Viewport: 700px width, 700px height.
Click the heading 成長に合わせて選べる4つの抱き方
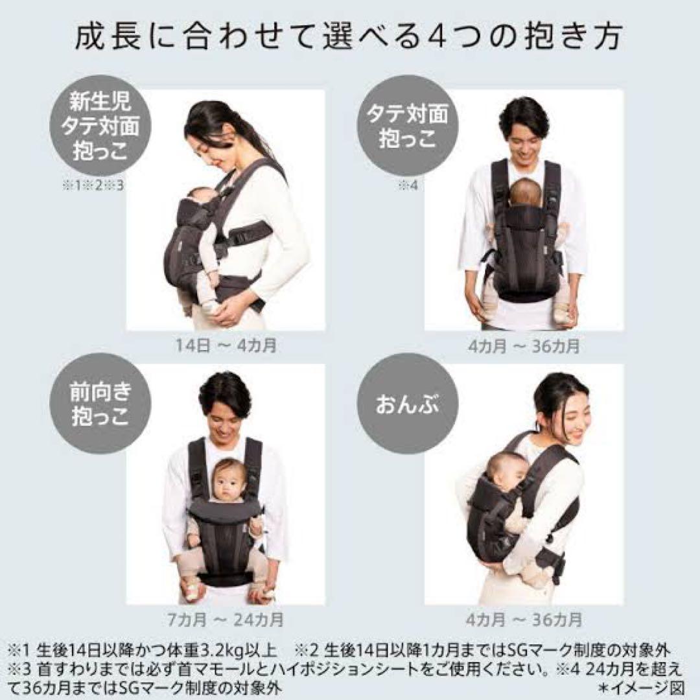coord(349,38)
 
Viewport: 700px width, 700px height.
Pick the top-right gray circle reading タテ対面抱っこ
coord(408,126)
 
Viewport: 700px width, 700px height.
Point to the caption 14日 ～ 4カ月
coord(226,345)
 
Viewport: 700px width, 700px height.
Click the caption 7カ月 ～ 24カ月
coord(226,619)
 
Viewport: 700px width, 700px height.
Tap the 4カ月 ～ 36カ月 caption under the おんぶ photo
coord(524,619)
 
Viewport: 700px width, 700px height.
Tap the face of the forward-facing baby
coord(227,480)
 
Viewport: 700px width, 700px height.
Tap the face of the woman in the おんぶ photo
coord(570,412)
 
